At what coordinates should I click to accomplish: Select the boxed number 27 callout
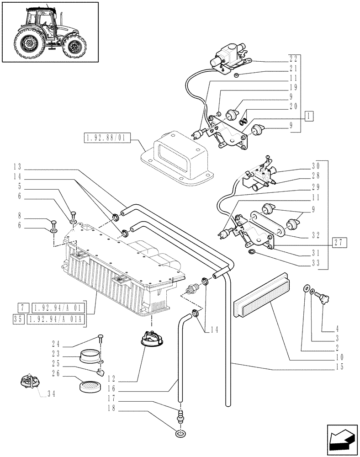(x=339, y=242)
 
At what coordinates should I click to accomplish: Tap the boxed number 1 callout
(x=309, y=117)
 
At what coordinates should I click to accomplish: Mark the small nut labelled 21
(x=236, y=74)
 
